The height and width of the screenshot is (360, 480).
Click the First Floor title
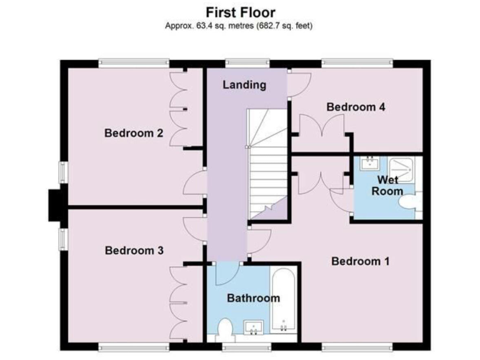241,12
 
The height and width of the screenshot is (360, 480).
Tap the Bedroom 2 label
134,132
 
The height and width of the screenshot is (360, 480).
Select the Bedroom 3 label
134,250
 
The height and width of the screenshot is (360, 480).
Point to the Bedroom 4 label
356,107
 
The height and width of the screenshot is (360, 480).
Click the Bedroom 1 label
361,261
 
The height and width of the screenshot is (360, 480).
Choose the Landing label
244,85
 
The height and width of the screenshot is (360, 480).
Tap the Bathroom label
252,298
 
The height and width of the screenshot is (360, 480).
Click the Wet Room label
387,186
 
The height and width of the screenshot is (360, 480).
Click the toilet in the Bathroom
224,327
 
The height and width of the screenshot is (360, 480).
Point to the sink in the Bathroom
254,327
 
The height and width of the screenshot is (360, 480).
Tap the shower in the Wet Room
401,169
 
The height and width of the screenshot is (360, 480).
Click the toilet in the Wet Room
409,203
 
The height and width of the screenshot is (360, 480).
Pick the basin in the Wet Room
369,164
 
